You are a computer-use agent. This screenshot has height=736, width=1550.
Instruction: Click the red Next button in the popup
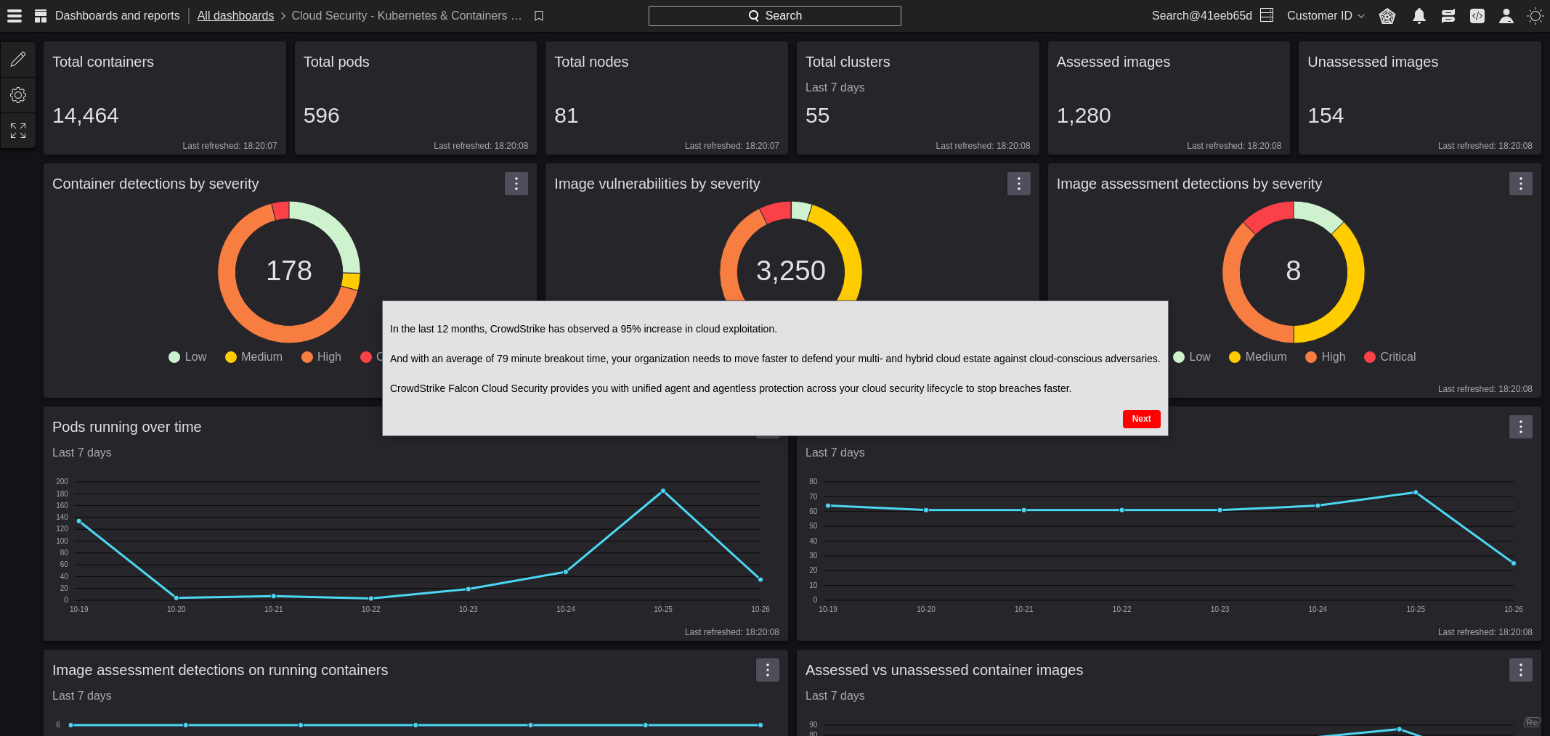click(1141, 419)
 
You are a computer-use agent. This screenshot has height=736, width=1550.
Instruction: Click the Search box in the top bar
click(774, 16)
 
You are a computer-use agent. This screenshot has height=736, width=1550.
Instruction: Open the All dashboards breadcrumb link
click(235, 16)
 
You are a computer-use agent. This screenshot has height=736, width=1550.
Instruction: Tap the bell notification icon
click(1419, 16)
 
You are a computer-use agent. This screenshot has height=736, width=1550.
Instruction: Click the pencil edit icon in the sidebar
click(18, 59)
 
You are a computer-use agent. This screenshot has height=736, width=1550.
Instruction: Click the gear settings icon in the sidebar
click(18, 95)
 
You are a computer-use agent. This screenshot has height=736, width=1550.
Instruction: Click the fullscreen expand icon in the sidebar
click(18, 131)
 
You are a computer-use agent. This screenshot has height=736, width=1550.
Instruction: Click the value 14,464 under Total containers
click(86, 115)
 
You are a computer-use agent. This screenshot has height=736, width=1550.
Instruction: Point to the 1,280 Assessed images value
click(1083, 115)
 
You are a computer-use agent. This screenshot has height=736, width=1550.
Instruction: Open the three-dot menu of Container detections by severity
click(516, 184)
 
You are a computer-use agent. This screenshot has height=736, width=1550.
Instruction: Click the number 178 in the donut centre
click(289, 271)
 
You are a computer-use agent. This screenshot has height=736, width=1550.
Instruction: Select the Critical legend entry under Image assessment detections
click(1389, 357)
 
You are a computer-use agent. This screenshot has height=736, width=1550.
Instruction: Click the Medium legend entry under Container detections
click(253, 357)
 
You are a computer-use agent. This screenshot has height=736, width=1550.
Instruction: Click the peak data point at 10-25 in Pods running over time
click(662, 491)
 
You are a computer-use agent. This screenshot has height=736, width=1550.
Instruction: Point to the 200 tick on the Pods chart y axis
click(62, 482)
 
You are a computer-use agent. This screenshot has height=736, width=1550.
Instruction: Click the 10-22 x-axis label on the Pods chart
click(370, 610)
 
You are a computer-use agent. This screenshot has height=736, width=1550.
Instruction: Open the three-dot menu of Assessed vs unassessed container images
click(1520, 670)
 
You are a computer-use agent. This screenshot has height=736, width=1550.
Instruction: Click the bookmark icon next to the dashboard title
click(539, 16)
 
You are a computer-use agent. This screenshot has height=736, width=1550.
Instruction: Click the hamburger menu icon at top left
click(15, 16)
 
